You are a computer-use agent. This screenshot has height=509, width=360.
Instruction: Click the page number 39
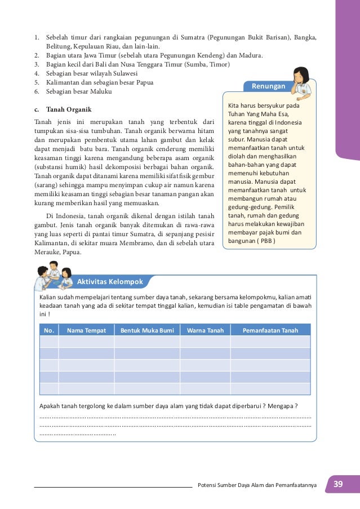338,484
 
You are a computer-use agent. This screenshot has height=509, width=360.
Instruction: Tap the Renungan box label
268,86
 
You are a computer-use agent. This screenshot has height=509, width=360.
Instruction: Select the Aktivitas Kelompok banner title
110,281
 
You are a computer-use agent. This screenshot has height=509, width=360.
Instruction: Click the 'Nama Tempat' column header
86,330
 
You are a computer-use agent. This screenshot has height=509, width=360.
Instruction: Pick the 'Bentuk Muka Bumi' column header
146,330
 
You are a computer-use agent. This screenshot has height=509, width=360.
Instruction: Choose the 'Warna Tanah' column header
205,330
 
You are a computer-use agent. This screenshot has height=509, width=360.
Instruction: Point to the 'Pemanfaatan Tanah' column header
270,330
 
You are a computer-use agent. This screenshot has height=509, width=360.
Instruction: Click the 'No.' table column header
49,330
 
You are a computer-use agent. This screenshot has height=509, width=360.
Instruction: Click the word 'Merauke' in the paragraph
49,252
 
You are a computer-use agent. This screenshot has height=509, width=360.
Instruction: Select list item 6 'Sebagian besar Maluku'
79,91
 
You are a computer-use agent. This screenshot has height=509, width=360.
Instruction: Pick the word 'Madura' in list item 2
251,55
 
